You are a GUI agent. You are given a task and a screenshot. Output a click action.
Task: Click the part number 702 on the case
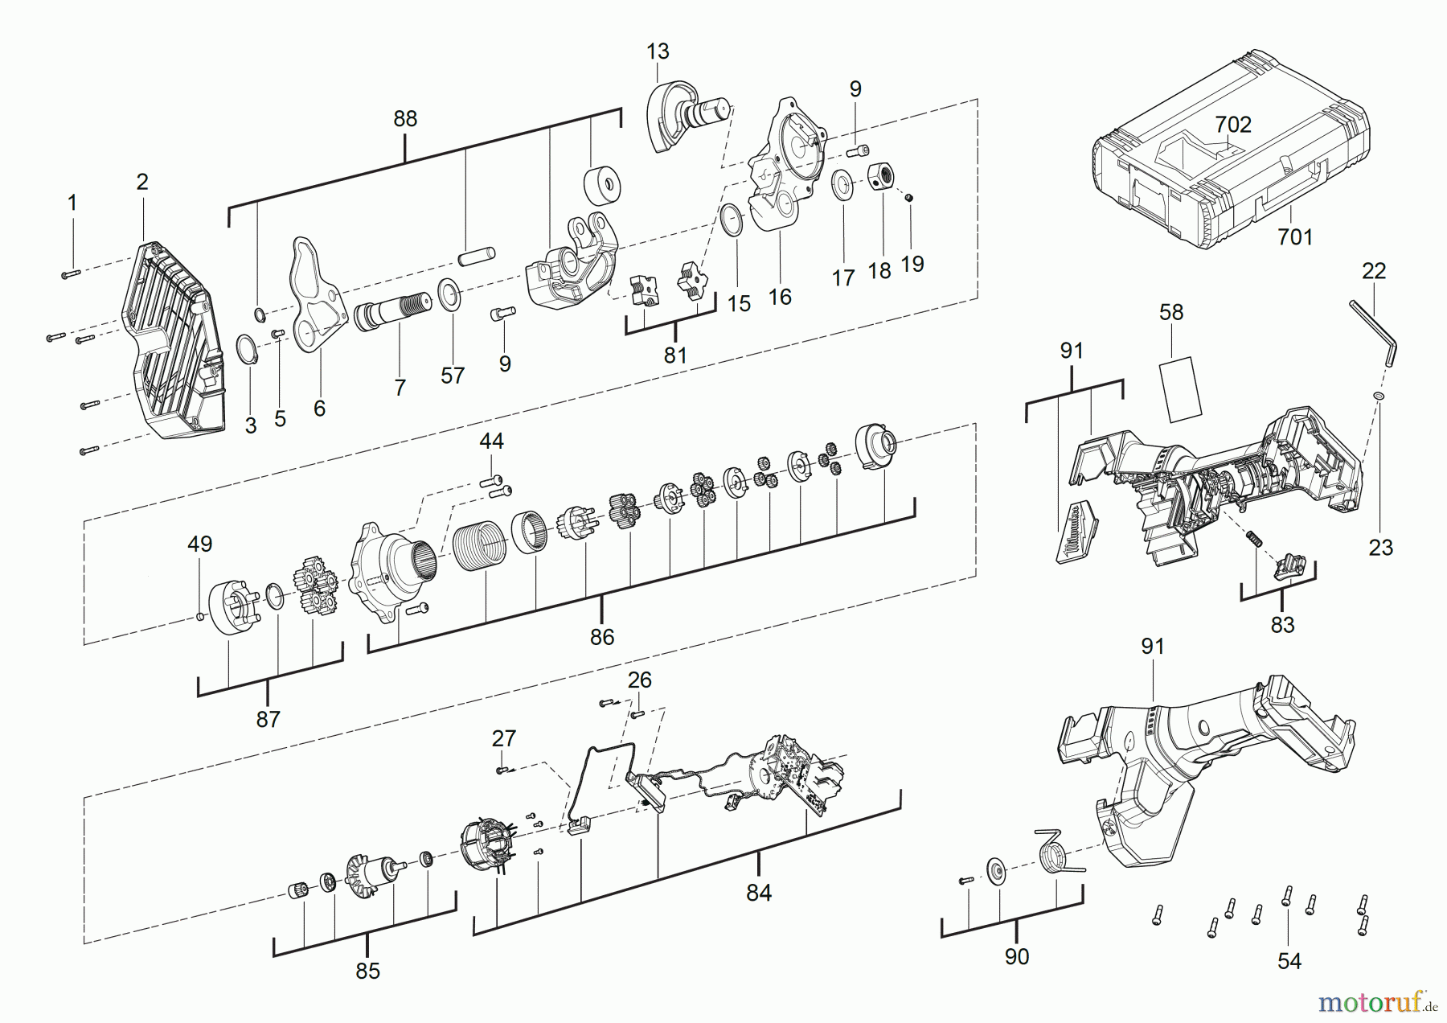coord(1232,125)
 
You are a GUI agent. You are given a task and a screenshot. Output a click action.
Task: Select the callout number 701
coord(1294,236)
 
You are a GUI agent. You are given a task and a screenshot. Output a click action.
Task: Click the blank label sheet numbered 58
coord(1179,390)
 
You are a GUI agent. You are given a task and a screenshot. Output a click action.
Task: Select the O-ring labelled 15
coord(732,220)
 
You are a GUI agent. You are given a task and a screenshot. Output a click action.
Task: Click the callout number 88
coord(405,119)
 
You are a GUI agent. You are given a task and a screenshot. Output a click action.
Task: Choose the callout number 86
coord(601,637)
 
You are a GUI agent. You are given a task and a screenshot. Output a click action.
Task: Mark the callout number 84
coord(758,892)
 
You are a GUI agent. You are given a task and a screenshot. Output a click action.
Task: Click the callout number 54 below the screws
coord(1289,961)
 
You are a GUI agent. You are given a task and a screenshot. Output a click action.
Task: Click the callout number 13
coord(658,51)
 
